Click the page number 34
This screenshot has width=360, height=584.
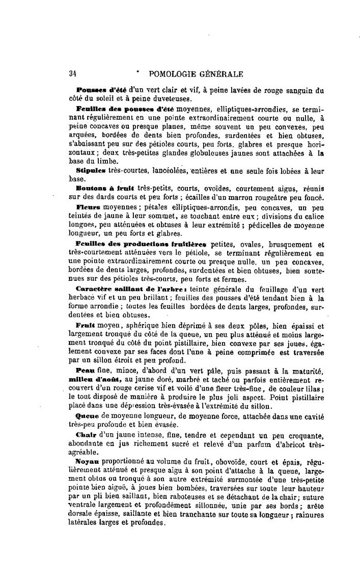tap(72, 73)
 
